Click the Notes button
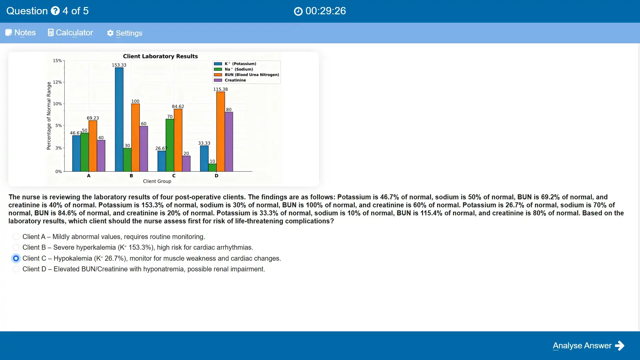pos(21,33)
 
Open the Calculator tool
pos(70,33)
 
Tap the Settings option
pos(125,33)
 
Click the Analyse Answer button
pos(588,346)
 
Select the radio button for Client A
pos(16,237)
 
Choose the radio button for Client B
pos(16,247)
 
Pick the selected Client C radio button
pos(16,258)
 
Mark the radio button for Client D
pos(16,269)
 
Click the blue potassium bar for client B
pos(119,119)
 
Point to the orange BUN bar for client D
pos(221,132)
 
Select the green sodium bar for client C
pos(170,145)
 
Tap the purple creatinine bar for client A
pos(101,156)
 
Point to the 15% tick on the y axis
pos(57,61)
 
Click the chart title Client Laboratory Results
pos(160,56)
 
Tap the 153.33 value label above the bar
pos(119,65)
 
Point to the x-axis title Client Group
pos(157,181)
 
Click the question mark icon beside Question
pos(55,11)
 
